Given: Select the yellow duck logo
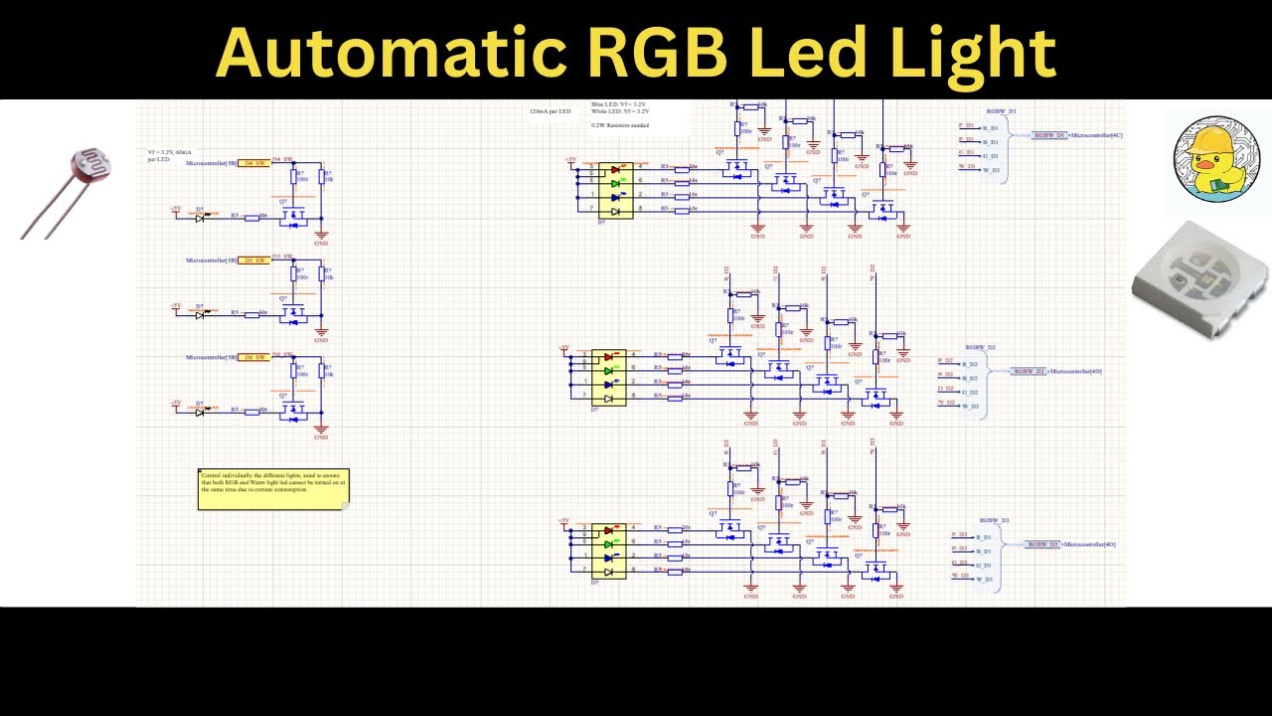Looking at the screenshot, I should (x=1216, y=159).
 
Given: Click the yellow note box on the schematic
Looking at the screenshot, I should (x=273, y=489).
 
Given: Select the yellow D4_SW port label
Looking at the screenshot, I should (x=254, y=163).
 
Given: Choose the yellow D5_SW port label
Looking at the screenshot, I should (x=254, y=261).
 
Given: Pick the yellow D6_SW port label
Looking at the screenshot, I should (x=254, y=357).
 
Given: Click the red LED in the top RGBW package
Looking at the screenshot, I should (x=616, y=170).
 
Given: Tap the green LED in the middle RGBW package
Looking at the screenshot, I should (x=609, y=370).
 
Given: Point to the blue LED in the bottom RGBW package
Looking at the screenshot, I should (x=609, y=558).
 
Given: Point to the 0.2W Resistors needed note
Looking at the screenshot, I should (x=620, y=125).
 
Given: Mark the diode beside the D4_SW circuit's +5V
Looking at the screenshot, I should (x=201, y=217).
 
